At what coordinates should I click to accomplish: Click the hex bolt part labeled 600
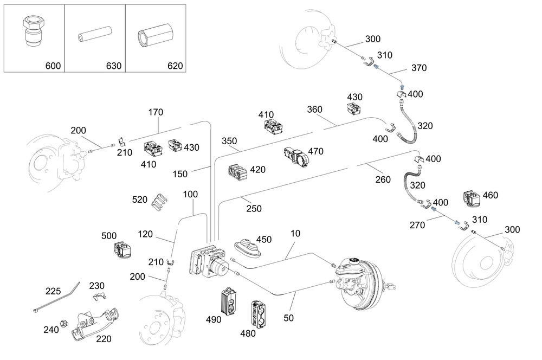33,31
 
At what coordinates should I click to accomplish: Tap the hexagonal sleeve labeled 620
154,35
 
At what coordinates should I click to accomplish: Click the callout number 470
315,151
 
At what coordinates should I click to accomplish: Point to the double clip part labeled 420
238,171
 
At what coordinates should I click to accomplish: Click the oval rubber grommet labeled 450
249,247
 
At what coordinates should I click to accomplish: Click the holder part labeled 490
229,301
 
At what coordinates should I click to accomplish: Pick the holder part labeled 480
259,314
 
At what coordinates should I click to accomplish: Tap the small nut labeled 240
63,324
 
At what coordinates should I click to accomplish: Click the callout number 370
419,68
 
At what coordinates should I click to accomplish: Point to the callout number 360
314,110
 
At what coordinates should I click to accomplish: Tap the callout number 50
289,318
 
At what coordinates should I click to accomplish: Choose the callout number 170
156,112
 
